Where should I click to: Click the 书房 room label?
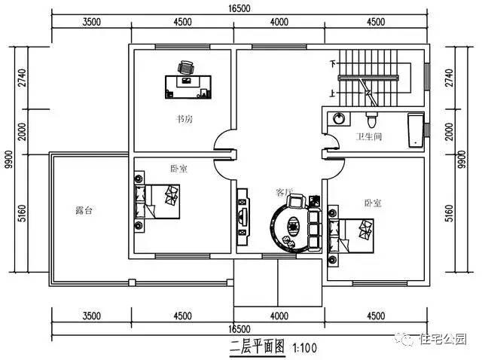(x=185, y=119)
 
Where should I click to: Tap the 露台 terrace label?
(x=84, y=211)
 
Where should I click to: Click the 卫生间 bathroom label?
(x=369, y=137)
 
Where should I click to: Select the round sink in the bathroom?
(x=339, y=119)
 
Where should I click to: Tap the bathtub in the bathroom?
(x=415, y=130)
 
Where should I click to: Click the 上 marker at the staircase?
(x=331, y=93)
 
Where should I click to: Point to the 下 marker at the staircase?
(x=331, y=65)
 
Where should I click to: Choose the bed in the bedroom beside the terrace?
(x=162, y=200)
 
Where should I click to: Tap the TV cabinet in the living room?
(x=242, y=217)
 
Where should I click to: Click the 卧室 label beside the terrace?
(x=179, y=169)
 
